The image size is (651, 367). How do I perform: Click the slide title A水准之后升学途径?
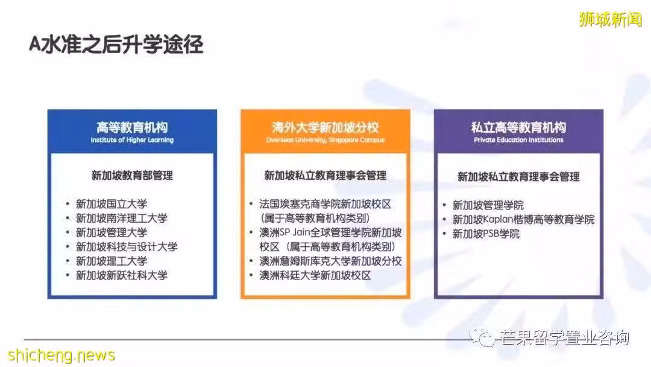116,45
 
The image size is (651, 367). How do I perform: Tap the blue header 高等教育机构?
132,127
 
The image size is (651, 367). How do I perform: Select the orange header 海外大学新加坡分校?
325,127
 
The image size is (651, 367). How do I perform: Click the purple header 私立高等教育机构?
518,127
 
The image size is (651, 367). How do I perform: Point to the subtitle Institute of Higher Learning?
132,140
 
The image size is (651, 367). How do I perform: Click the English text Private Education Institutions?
518,140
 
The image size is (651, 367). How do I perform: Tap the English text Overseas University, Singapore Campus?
325,140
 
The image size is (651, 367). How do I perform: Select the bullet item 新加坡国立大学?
112,204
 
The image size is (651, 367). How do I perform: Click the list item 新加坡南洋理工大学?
122,218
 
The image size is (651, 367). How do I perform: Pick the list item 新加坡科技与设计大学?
127,246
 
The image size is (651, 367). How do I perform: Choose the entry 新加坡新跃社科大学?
122,275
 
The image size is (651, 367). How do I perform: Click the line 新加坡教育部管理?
132,176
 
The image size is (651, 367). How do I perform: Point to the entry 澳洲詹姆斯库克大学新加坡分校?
330,261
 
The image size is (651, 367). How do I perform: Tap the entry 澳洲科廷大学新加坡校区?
315,275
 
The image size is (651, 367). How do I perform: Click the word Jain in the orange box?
302,232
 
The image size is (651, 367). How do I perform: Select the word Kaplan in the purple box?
498,220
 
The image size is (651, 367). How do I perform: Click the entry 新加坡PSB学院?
486,234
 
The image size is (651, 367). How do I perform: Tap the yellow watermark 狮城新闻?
610,19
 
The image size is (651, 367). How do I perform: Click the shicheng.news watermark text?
61,355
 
